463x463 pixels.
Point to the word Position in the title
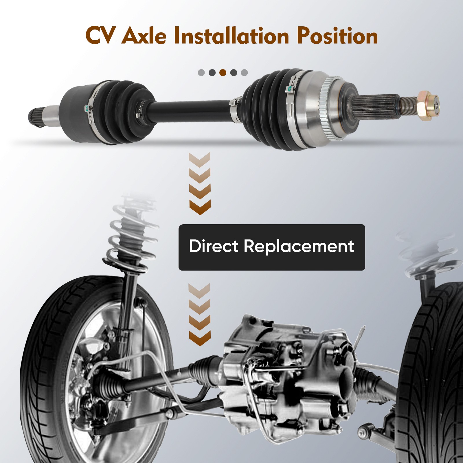coord(337,36)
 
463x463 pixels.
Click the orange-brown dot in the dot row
coord(223,72)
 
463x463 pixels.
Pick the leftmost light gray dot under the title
coord(201,72)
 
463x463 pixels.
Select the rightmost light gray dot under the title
coord(244,72)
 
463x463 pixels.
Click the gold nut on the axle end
coord(425,104)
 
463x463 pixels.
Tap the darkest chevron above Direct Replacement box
coord(200,207)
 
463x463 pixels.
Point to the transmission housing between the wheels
coord(289,376)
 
